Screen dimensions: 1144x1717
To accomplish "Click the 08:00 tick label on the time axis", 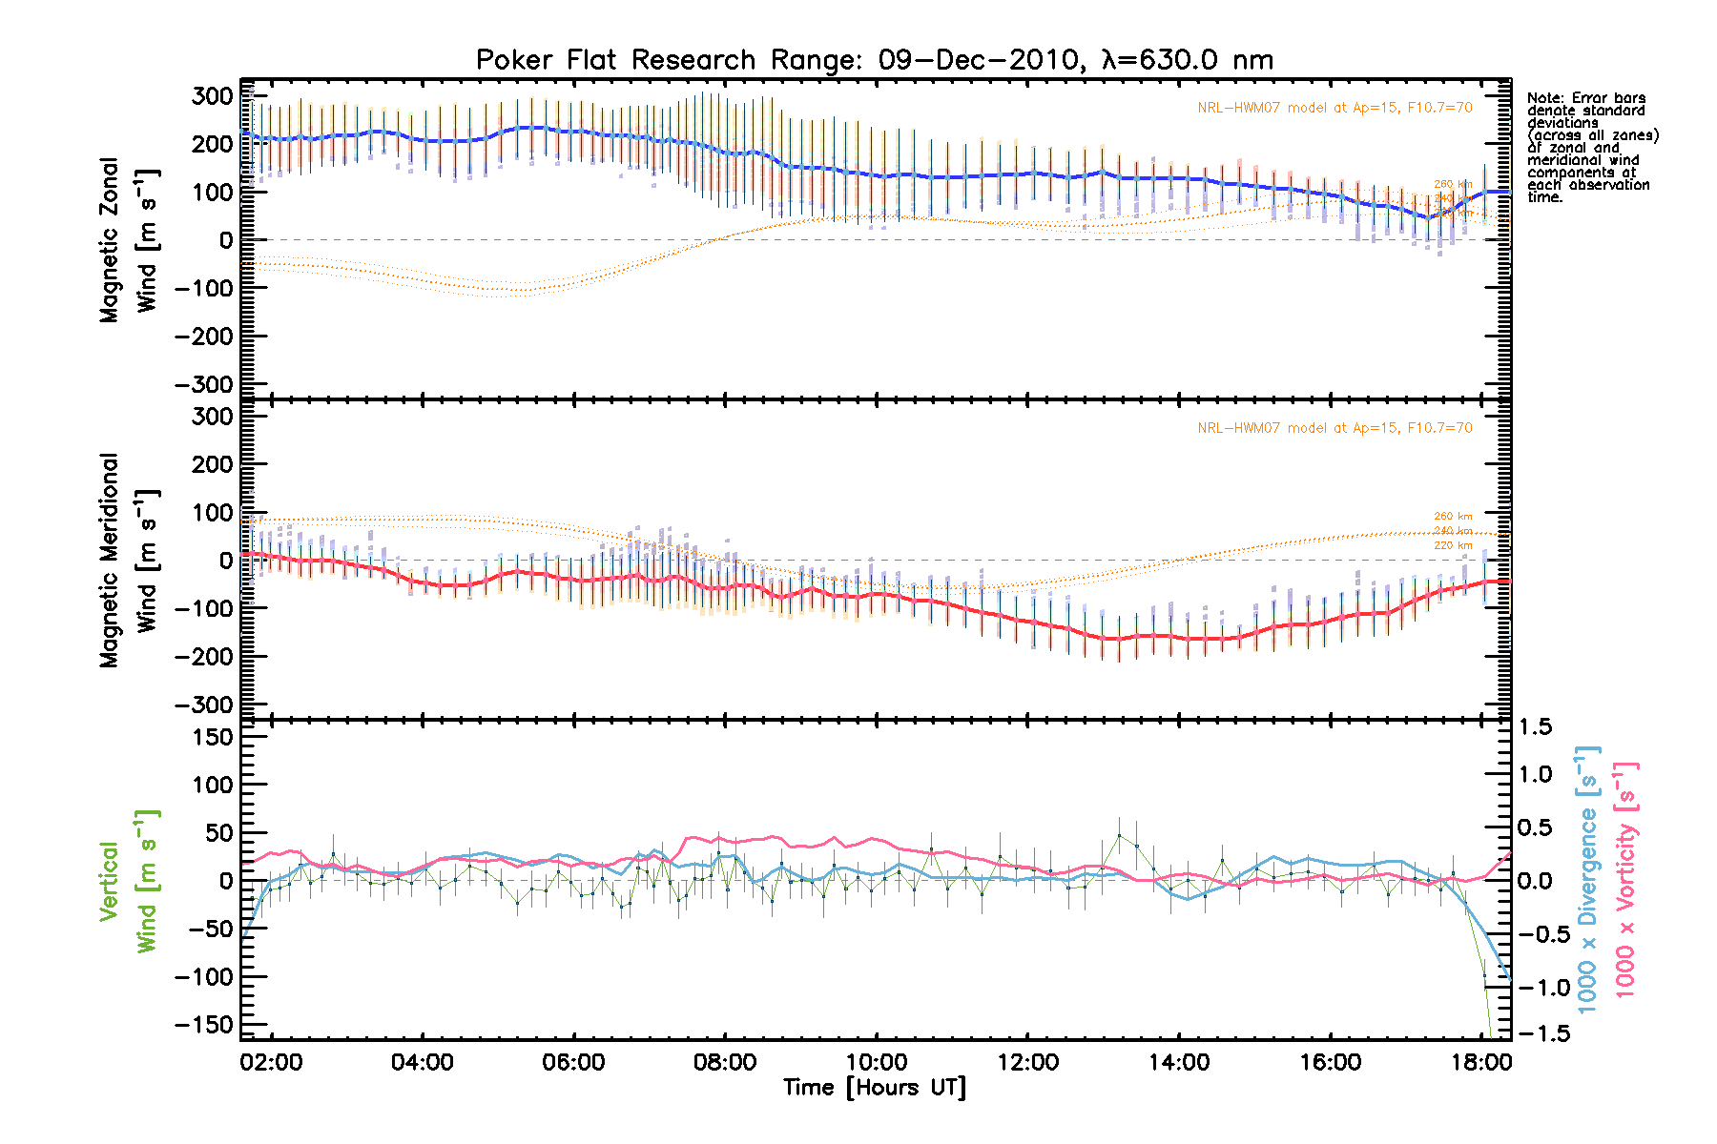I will click(724, 1062).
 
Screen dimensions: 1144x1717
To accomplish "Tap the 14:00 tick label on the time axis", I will click(1179, 1062).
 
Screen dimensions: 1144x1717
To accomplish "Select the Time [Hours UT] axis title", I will click(874, 1088).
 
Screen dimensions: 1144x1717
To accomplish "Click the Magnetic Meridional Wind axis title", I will click(129, 560).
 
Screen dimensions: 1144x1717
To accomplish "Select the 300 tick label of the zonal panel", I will click(212, 96).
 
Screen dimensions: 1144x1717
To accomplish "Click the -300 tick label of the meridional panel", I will click(204, 705).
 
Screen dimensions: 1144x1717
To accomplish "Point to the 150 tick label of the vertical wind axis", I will click(212, 737).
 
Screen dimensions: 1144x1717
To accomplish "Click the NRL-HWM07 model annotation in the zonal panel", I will click(1334, 108).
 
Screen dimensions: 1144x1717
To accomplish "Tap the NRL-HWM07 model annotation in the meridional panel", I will click(1334, 428).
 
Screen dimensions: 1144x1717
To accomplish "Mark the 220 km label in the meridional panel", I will click(1453, 545).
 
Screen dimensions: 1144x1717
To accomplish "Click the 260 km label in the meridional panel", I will click(1453, 517).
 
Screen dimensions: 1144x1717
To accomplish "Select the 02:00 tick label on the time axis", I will click(272, 1062).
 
